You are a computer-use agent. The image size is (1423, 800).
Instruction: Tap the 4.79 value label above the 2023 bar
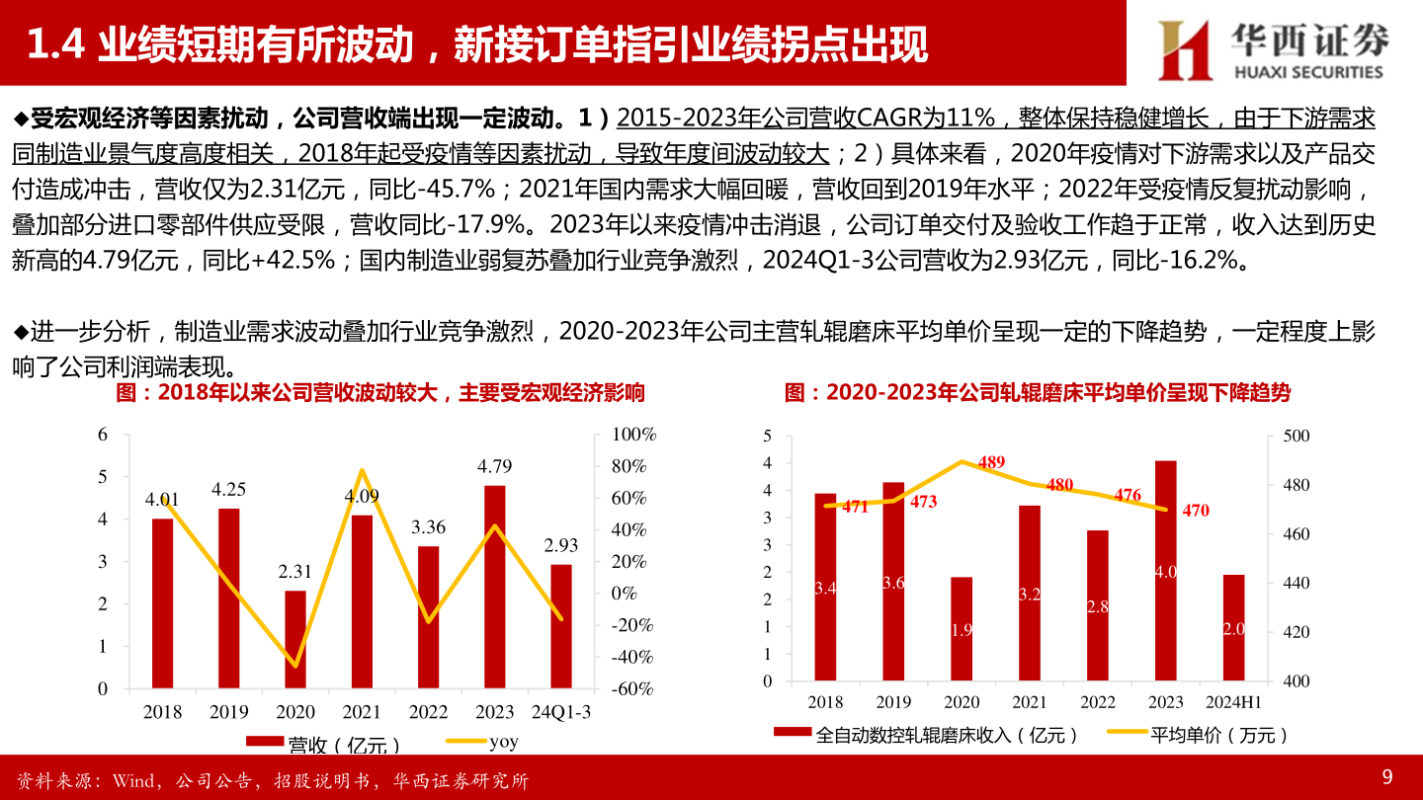[x=495, y=466]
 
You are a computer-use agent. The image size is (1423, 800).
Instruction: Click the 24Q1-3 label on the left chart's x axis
[x=561, y=712]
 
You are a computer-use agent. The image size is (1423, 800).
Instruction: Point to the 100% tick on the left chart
[x=632, y=435]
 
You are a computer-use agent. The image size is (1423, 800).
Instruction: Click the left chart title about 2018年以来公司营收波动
[x=380, y=393]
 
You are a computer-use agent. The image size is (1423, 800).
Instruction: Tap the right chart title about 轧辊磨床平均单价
[x=1038, y=393]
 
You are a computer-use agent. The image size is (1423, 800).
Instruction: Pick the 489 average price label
[x=991, y=462]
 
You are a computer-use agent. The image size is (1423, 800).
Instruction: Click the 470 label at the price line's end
[x=1196, y=511]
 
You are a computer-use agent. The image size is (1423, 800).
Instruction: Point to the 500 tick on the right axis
[x=1296, y=436]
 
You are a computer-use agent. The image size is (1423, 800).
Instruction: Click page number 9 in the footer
[x=1387, y=776]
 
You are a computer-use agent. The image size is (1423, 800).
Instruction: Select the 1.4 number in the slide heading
[x=55, y=44]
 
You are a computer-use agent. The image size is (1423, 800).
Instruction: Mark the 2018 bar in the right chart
[x=825, y=587]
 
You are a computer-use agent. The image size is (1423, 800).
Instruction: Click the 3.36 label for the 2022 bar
[x=429, y=527]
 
